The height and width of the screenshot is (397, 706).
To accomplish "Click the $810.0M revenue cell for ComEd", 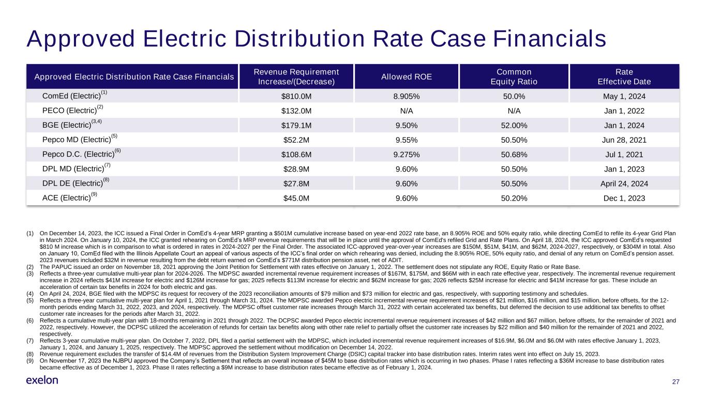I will tap(296, 96).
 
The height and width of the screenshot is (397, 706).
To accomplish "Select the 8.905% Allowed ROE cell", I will tap(406, 96).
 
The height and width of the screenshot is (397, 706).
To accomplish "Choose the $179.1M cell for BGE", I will tap(296, 125).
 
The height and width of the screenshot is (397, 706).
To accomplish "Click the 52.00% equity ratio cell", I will tap(514, 125).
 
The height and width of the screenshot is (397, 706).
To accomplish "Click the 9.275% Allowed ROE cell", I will tap(406, 154).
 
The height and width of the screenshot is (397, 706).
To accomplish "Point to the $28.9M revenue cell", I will tap(296, 169).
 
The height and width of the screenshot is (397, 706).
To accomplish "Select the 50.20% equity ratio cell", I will tap(514, 198).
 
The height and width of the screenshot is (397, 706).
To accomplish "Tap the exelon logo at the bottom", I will tap(42, 380).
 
